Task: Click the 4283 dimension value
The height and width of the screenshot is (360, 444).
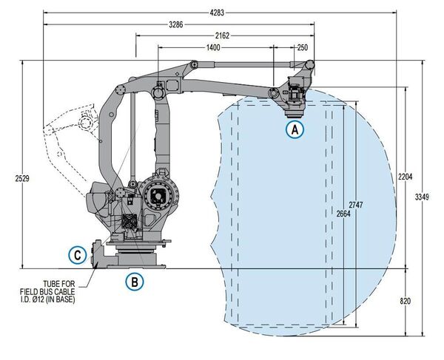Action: (x=217, y=13)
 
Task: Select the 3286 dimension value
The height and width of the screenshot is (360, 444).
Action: (x=176, y=25)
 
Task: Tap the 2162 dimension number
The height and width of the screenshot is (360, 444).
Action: (x=222, y=36)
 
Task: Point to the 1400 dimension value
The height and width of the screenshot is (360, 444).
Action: (x=213, y=47)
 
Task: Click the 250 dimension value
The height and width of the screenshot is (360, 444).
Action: (x=303, y=47)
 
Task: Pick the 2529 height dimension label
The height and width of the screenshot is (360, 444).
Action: (x=22, y=179)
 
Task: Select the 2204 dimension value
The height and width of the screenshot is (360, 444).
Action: (x=406, y=177)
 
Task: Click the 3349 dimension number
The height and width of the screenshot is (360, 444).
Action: (x=422, y=197)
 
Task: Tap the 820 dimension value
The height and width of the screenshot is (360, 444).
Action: (x=406, y=302)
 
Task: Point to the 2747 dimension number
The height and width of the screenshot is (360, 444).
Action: (x=356, y=205)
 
